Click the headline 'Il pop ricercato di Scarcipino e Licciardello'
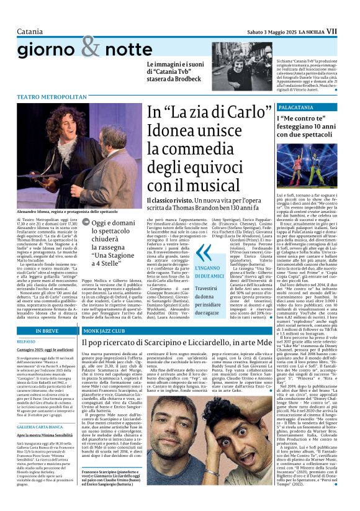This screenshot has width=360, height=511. point(186,341)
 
